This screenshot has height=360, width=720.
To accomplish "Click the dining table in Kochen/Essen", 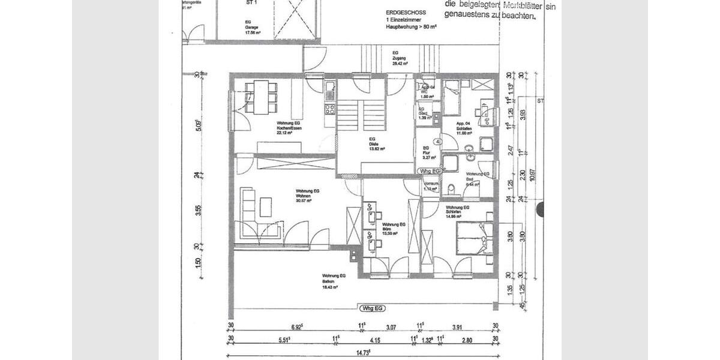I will (x=260, y=97).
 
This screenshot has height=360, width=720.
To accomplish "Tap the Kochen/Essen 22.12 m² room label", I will (x=284, y=128).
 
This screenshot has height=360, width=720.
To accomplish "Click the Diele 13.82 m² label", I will (x=376, y=145).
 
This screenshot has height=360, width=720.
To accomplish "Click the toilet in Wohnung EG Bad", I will (x=452, y=190).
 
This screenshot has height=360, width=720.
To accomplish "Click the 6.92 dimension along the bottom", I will (x=298, y=326).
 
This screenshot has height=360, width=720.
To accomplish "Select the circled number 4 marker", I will (x=438, y=142).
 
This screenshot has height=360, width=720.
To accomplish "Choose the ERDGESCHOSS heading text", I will (x=407, y=13).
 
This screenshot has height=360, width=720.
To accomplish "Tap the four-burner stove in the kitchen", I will (x=329, y=109).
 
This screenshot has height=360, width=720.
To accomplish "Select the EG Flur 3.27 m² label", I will (x=428, y=153).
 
